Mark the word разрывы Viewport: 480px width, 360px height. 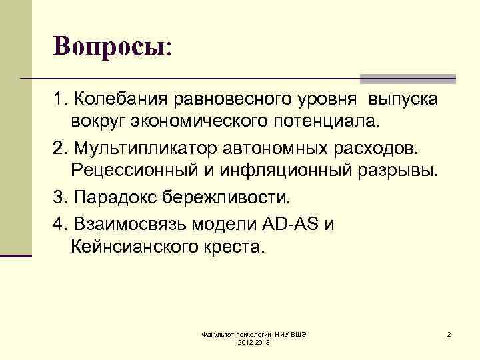coord(398,172)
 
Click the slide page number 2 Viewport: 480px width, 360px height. coord(449,333)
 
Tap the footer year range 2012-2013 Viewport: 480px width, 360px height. coord(253,341)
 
